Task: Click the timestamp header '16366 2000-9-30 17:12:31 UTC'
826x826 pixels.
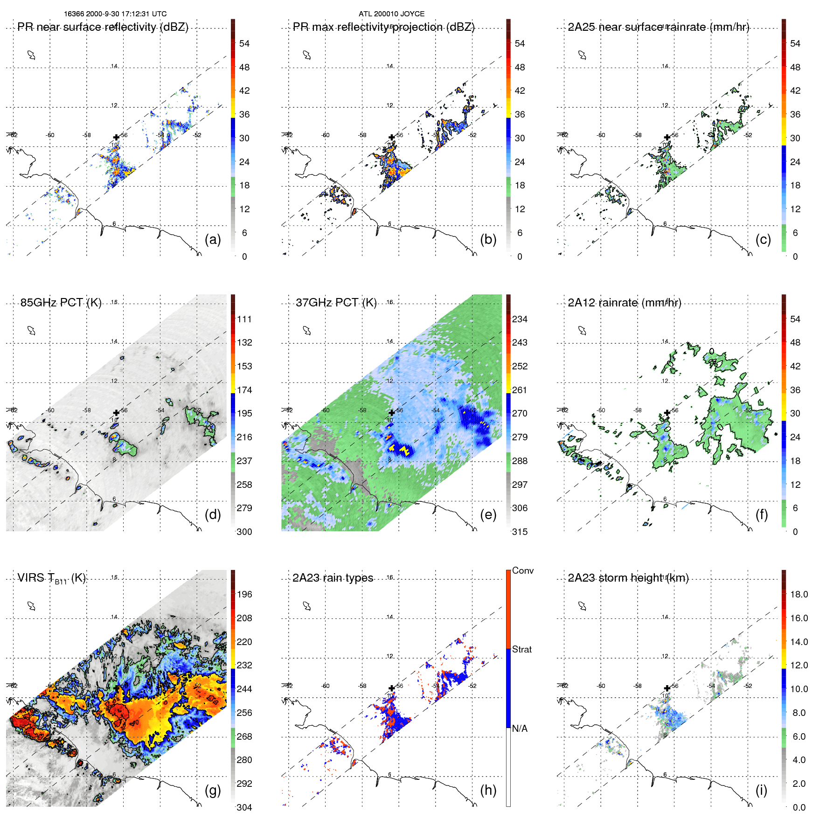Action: point(115,14)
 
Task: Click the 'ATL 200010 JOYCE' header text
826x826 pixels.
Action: point(391,14)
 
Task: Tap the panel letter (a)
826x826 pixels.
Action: point(213,239)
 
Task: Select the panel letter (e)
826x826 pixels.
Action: point(488,514)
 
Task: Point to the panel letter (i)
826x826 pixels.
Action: point(761,790)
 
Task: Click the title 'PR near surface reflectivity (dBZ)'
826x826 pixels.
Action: point(103,27)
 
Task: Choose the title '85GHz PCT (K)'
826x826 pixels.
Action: point(61,303)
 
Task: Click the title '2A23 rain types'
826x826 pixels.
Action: point(333,578)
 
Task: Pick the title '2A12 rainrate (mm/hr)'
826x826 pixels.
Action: point(624,303)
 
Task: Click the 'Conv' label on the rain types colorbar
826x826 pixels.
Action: point(523,570)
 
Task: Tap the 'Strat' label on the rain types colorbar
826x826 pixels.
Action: point(521,649)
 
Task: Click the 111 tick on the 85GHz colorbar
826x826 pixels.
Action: point(244,319)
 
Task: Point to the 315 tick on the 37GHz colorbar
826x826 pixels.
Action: point(520,532)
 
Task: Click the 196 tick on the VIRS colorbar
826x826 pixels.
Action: point(244,594)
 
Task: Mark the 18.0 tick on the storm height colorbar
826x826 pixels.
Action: point(798,594)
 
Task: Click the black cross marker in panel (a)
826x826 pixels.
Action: point(116,137)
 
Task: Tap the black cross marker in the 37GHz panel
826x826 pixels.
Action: point(391,413)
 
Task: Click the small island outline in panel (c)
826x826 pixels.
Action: point(582,55)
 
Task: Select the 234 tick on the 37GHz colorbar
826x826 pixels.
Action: point(520,319)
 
